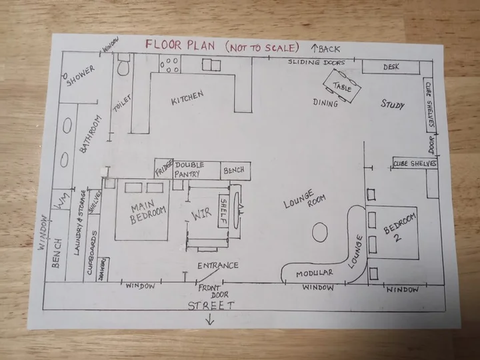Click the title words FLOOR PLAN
pos(180,45)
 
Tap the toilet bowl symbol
pos(123,65)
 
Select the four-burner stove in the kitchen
pos(169,64)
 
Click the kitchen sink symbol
pos(211,65)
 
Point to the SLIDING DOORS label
pos(317,62)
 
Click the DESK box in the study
pos(391,67)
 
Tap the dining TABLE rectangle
pos(342,86)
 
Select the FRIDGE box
pos(164,169)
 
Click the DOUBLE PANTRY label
pos(189,169)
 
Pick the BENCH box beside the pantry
pos(235,171)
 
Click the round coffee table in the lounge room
pos(320,233)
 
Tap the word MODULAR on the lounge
pos(315,273)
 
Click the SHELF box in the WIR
pos(224,211)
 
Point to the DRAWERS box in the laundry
pos(103,269)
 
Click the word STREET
pos(211,305)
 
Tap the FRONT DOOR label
pos(213,291)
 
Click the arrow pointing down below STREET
pos(210,319)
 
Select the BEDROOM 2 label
pos(399,227)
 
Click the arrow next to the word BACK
pos(315,48)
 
